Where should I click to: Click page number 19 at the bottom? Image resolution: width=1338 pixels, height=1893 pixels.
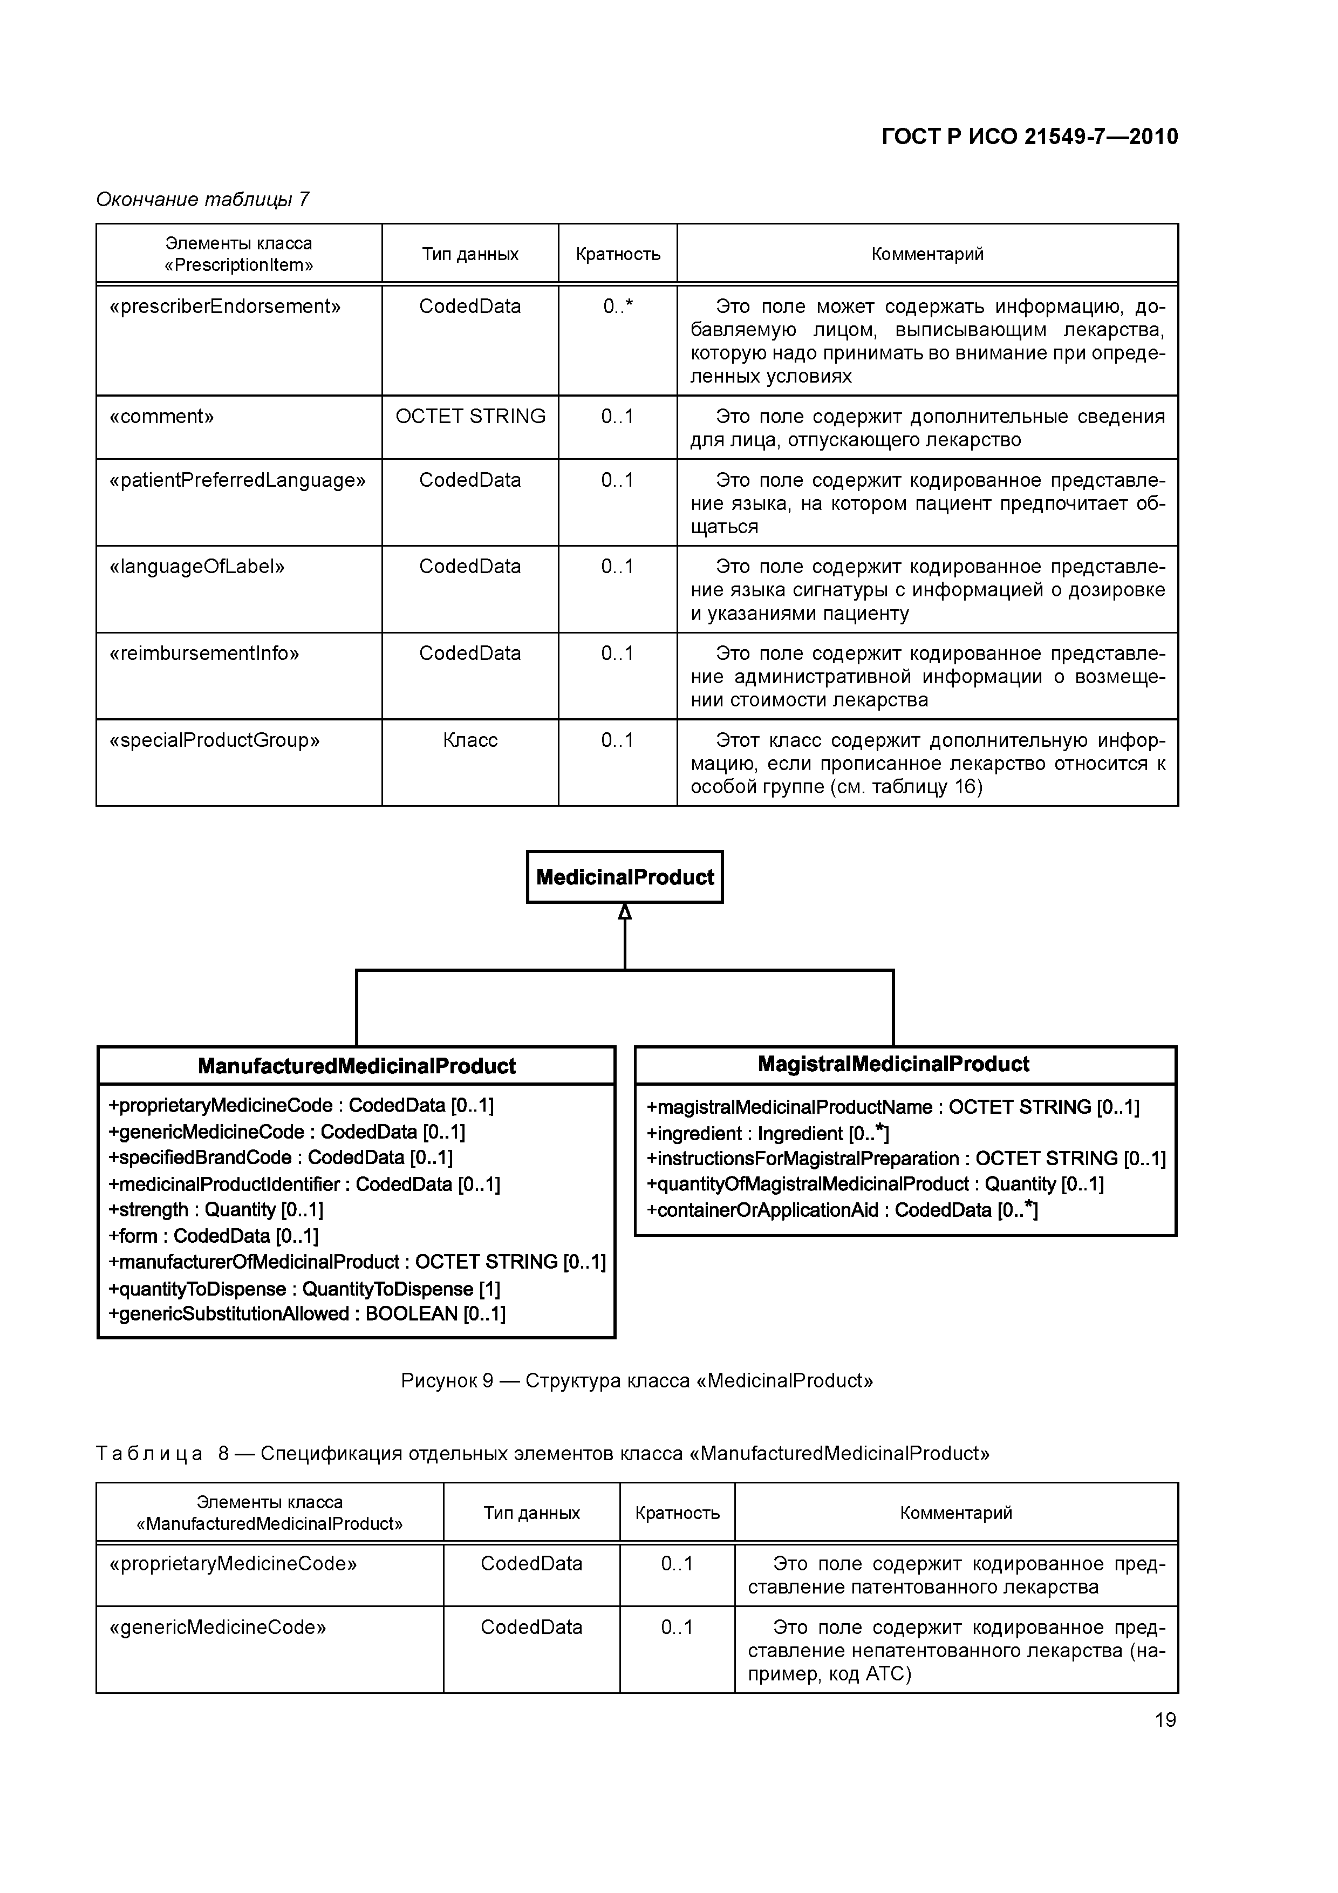click(x=1165, y=1720)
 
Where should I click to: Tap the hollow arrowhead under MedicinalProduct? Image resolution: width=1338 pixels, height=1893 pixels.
click(x=625, y=912)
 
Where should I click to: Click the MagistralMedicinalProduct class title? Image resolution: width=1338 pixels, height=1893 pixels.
click(x=893, y=1064)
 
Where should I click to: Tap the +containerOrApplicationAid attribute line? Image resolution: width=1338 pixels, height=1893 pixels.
click(x=841, y=1210)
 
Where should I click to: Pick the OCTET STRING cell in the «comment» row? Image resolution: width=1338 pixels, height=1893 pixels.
click(x=470, y=417)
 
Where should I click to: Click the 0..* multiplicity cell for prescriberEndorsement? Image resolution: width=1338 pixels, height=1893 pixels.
click(x=617, y=307)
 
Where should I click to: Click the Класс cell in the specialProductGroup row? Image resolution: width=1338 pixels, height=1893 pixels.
click(x=470, y=740)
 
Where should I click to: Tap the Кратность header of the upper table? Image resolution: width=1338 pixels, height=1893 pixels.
click(x=617, y=254)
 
